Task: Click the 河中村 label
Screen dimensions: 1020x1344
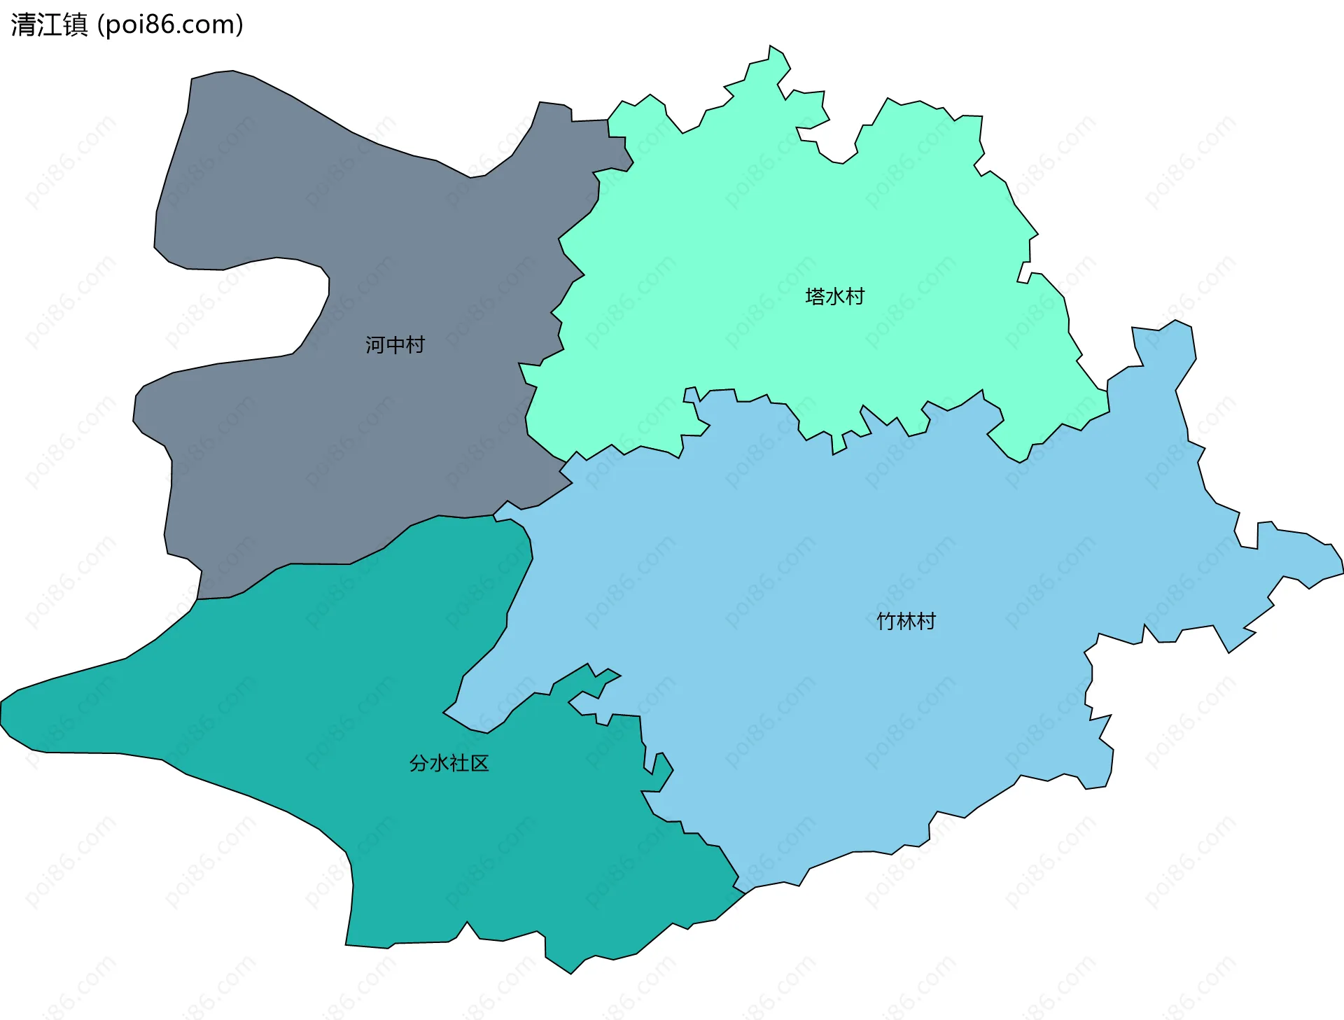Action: coord(395,344)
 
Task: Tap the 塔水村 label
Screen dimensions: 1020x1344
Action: coord(834,296)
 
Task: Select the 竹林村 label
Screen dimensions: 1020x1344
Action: coord(906,621)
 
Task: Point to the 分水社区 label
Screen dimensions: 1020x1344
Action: coord(449,763)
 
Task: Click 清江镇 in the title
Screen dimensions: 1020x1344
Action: coord(49,25)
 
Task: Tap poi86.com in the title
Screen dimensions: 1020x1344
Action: coord(170,25)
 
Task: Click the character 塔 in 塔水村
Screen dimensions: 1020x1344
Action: coord(815,296)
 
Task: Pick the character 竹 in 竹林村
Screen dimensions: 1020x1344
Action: coord(886,621)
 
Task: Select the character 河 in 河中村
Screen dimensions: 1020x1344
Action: coord(375,344)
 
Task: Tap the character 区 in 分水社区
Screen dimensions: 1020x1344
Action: coord(479,763)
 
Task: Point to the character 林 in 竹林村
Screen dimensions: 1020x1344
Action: coord(906,621)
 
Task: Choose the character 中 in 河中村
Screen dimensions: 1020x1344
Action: coord(395,344)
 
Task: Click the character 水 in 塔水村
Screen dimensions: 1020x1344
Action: coord(834,296)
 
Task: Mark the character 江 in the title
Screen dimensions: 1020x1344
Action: coord(49,25)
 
